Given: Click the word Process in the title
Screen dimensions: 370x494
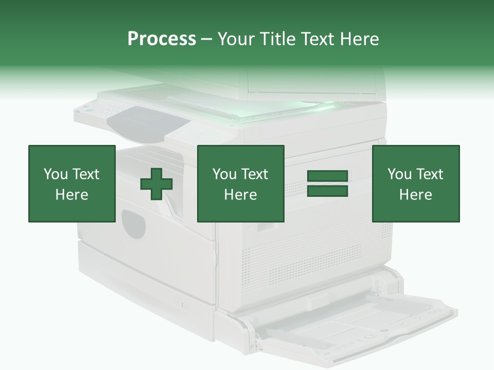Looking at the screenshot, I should point(162,39).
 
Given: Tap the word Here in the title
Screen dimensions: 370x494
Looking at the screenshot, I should point(356,39).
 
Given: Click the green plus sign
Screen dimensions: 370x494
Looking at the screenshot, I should point(156,183).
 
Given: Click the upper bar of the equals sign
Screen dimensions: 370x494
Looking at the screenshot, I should point(327,176).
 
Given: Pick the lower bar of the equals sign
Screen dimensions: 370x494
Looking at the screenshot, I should point(327,191).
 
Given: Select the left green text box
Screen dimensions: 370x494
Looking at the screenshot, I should point(72,183).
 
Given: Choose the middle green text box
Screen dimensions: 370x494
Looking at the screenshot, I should point(240,183).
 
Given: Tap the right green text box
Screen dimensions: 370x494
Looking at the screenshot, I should point(415,183).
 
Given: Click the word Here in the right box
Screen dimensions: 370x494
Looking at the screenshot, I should point(415,195).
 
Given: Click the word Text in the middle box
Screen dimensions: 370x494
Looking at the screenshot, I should point(255,174).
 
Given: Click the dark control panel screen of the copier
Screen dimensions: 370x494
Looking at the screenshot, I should point(147,123).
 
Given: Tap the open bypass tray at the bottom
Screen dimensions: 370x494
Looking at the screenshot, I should point(355,321).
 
